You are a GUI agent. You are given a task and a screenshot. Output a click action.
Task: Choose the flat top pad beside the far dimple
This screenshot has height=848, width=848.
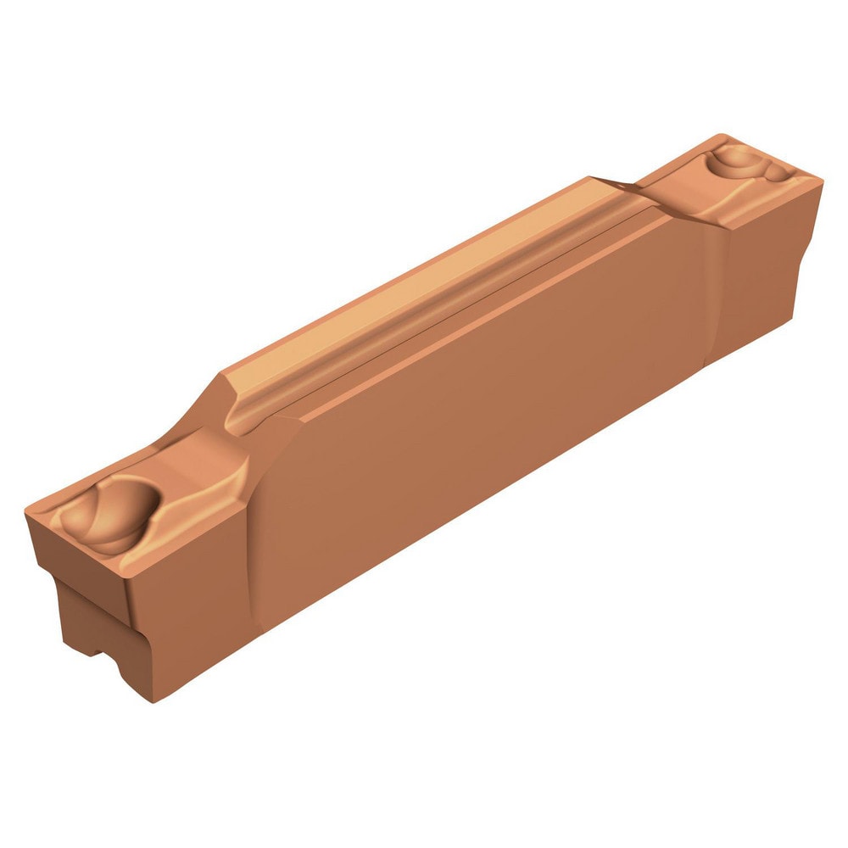click(678, 191)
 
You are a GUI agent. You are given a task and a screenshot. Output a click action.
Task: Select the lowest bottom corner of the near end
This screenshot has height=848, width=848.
click(153, 700)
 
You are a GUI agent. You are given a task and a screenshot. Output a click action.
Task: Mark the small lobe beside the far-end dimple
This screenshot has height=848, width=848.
click(776, 174)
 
